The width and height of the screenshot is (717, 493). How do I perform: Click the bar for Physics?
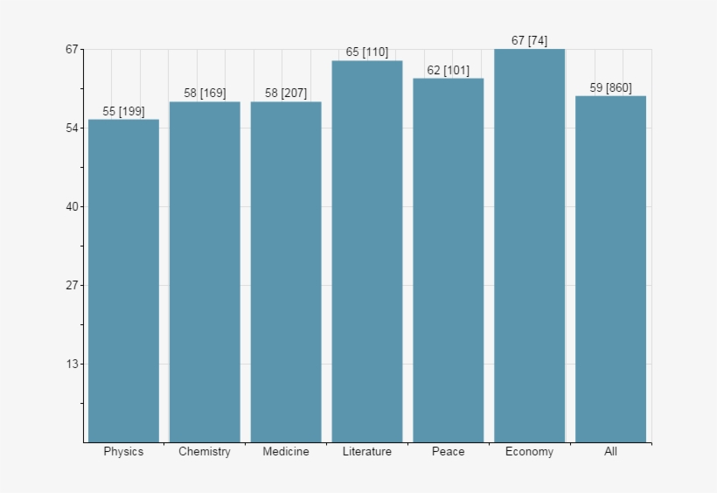click(x=123, y=281)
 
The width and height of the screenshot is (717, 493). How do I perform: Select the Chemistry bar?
click(x=205, y=272)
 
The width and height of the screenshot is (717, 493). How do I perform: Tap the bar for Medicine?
click(x=286, y=272)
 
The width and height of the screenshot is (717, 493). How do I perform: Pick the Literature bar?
click(x=367, y=251)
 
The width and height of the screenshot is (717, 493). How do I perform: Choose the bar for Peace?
click(x=448, y=260)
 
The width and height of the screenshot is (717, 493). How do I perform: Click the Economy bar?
click(x=529, y=246)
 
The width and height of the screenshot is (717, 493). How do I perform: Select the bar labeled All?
click(x=610, y=268)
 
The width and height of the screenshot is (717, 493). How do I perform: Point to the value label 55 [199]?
click(x=123, y=111)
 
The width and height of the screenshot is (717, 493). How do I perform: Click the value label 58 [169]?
click(x=205, y=94)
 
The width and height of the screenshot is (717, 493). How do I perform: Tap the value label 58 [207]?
click(x=286, y=94)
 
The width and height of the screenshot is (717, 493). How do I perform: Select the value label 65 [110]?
click(x=367, y=52)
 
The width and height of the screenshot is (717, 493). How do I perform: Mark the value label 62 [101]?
click(x=448, y=70)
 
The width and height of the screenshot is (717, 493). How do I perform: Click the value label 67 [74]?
click(x=529, y=41)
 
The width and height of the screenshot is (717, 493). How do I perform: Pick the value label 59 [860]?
click(x=610, y=87)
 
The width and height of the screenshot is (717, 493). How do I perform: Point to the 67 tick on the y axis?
click(x=71, y=50)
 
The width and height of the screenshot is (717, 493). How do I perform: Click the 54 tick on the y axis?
click(x=71, y=128)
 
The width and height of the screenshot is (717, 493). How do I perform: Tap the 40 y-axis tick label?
click(x=71, y=207)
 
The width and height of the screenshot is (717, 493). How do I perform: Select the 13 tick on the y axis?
click(x=71, y=365)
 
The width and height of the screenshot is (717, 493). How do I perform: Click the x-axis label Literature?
click(x=367, y=452)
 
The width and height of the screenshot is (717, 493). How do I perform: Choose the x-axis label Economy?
click(x=529, y=452)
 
